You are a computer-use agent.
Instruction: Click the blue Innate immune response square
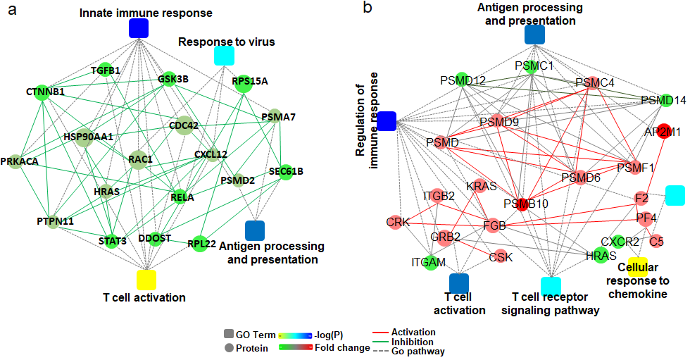point(139,28)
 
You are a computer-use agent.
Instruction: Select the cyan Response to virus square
point(224,56)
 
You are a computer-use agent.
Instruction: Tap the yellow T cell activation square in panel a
point(146,280)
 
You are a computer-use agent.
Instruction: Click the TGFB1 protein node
point(105,70)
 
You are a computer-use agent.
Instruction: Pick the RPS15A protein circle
point(244,84)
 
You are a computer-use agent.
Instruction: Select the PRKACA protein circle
point(15,161)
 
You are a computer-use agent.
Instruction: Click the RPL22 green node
point(200,243)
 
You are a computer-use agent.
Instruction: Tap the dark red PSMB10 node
point(522,204)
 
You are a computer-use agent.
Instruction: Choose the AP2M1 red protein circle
point(663,132)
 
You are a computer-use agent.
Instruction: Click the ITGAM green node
point(430,263)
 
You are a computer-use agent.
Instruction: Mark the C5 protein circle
point(656,241)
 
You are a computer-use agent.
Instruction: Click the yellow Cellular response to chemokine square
point(638,267)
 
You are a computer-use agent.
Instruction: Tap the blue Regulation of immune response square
point(387,121)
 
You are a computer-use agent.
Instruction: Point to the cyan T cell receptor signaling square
point(551,287)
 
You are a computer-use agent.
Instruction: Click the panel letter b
point(368,8)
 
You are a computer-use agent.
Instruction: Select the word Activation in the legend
point(413,333)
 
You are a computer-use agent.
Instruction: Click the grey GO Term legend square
point(229,334)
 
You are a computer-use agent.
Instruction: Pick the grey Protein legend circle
point(229,348)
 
